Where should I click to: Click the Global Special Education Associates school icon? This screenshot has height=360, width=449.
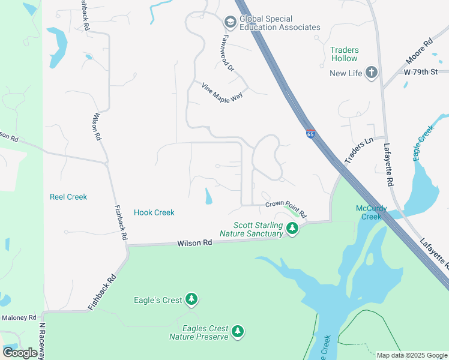click(x=230, y=22)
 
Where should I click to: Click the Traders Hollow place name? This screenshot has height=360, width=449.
click(x=344, y=54)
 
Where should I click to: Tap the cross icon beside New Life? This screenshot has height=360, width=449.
click(x=372, y=73)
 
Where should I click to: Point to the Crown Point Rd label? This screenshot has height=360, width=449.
click(x=286, y=209)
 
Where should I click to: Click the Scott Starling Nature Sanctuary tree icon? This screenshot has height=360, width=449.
click(x=292, y=228)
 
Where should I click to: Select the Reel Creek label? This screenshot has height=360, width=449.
click(x=68, y=197)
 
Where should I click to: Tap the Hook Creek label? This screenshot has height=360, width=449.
click(x=154, y=212)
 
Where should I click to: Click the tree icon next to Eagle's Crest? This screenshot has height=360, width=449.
click(x=191, y=299)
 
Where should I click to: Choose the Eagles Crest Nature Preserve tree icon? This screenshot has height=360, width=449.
click(x=238, y=331)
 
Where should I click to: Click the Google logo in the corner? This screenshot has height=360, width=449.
click(x=20, y=353)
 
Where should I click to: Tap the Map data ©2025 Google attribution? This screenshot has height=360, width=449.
click(x=411, y=355)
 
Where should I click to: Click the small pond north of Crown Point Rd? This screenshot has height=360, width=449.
click(x=208, y=196)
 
